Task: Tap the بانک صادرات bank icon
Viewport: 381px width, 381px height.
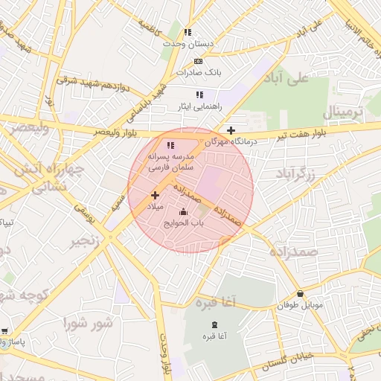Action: [198, 61]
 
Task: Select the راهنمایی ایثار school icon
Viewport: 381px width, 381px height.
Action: [199, 95]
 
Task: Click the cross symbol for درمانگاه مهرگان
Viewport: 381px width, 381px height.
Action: [231, 129]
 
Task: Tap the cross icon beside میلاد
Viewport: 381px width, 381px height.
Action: [155, 195]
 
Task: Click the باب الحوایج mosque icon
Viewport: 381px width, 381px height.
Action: [184, 212]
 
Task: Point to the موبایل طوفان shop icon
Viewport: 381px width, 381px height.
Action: [300, 294]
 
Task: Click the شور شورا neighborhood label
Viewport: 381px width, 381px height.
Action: [88, 323]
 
